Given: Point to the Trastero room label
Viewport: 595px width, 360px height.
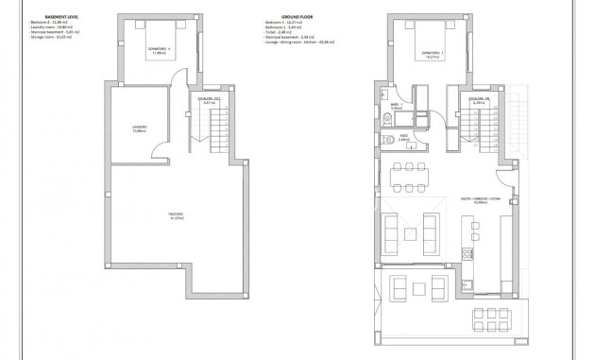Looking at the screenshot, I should tap(176, 218).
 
